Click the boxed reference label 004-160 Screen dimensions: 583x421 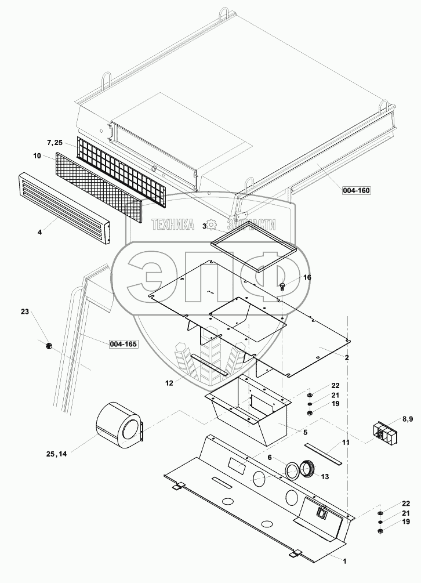tap(356, 190)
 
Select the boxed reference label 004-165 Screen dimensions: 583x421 tap(124, 345)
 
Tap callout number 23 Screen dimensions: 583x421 tap(24, 312)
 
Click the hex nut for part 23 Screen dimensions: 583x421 tap(49, 346)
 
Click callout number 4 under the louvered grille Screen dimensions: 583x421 tap(40, 232)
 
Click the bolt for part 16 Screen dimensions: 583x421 tap(282, 285)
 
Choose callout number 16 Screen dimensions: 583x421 tap(307, 277)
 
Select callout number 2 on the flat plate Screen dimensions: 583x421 tap(346, 357)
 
